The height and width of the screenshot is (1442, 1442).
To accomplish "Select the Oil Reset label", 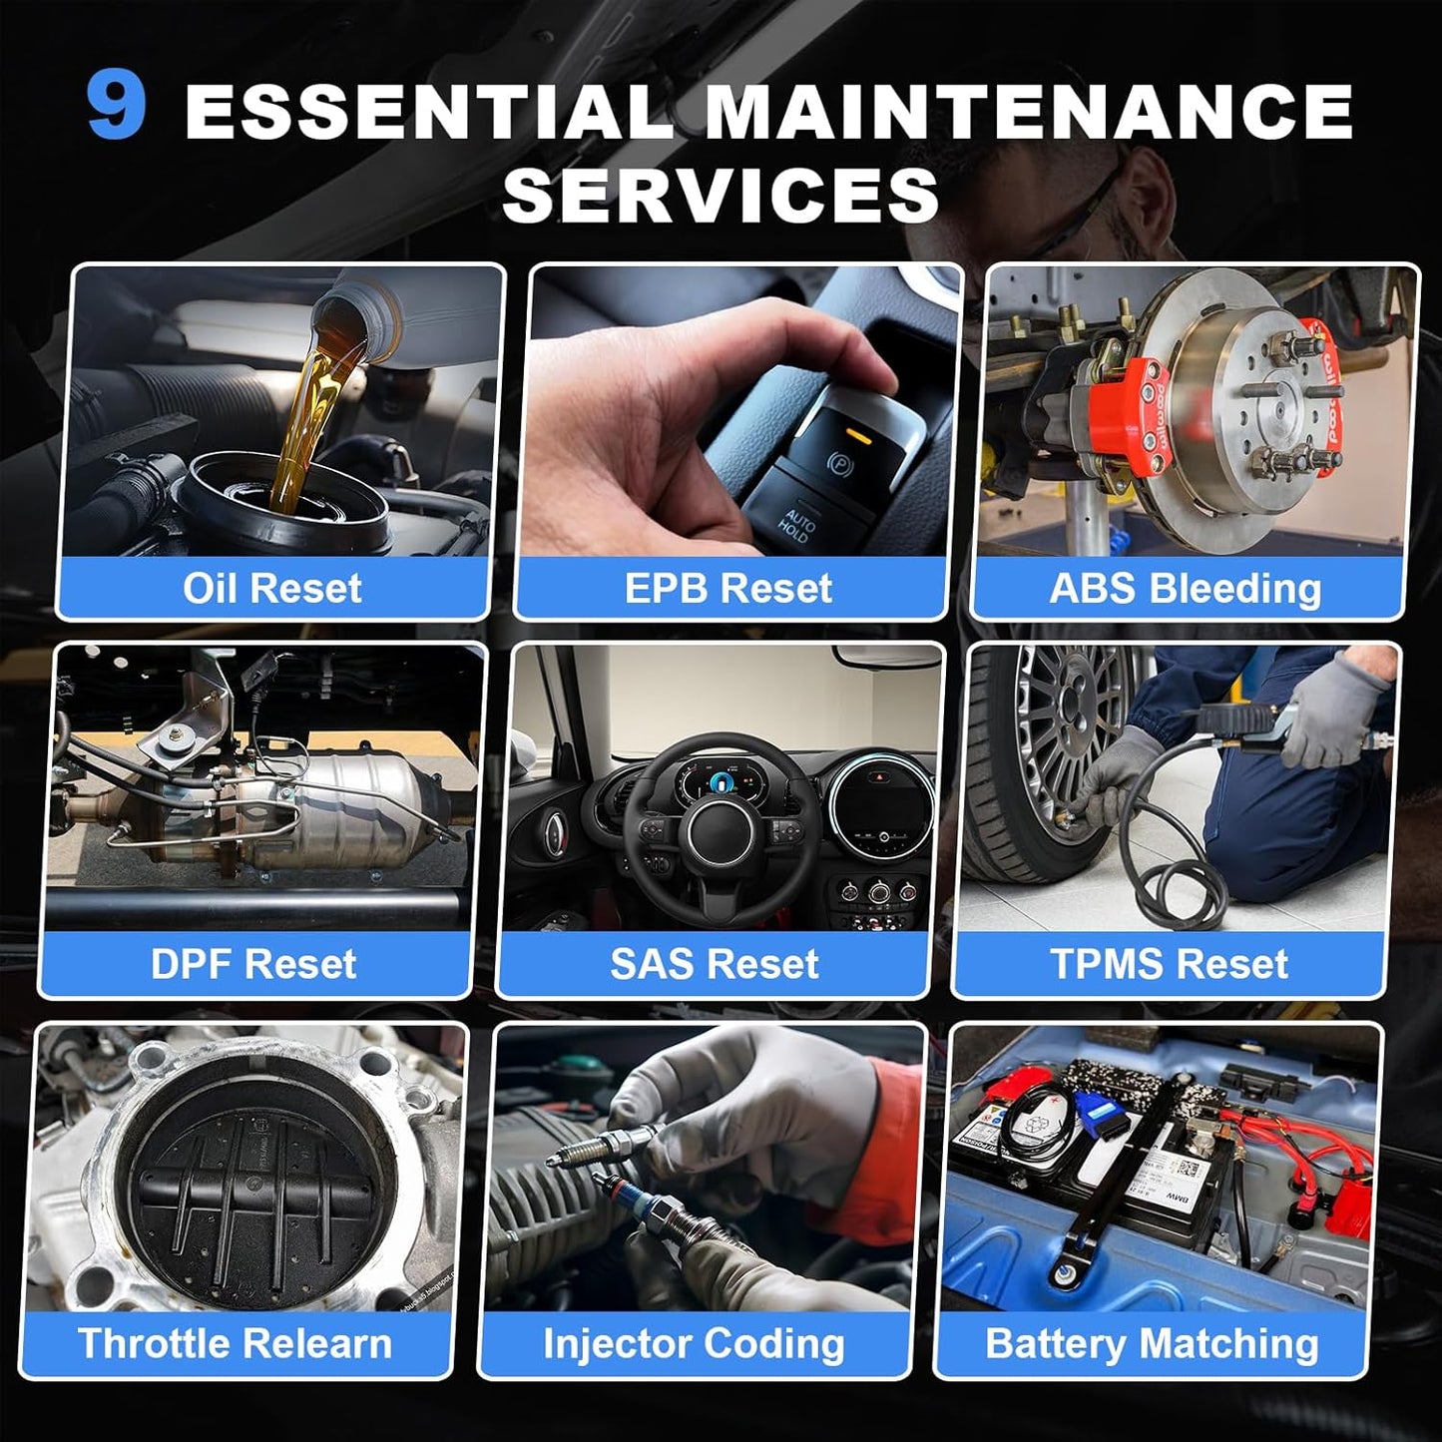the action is click(272, 588).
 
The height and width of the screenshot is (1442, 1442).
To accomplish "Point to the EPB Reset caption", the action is click(728, 588).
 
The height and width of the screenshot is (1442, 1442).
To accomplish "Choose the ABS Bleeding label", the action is click(1186, 589).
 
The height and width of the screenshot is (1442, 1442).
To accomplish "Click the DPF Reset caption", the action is click(253, 963).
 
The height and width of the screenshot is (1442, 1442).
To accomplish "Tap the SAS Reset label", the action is click(714, 963).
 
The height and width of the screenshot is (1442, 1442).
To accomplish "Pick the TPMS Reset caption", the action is click(1170, 963).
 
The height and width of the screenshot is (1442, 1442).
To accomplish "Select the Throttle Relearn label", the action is click(235, 1343).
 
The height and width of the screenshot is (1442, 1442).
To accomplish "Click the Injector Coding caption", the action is click(694, 1344).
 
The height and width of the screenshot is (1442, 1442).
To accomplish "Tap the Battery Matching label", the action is click(1152, 1344).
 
